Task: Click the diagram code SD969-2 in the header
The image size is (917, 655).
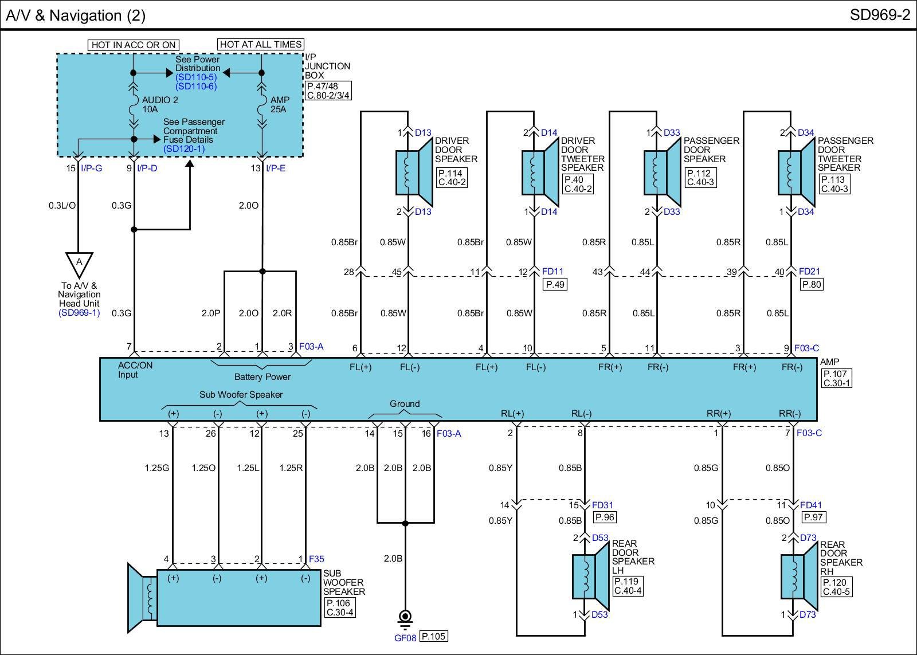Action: click(879, 15)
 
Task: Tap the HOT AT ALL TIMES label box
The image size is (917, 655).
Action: click(260, 44)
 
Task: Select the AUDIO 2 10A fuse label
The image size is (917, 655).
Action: click(160, 104)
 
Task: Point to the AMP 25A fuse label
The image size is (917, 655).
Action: click(280, 104)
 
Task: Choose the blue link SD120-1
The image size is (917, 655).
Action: click(184, 148)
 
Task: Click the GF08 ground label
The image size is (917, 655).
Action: click(405, 638)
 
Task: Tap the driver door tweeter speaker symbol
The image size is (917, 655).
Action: click(540, 172)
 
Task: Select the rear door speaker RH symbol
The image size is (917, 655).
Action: click(799, 576)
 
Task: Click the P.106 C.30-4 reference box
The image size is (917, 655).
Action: click(339, 607)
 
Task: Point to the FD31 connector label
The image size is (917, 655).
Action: click(602, 505)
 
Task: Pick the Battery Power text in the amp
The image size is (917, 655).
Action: click(262, 376)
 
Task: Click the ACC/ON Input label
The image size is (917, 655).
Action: click(135, 370)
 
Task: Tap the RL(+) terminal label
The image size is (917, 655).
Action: click(512, 414)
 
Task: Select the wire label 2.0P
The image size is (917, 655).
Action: click(211, 313)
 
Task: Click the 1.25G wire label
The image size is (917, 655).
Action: click(157, 468)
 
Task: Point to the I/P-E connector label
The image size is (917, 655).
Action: click(276, 168)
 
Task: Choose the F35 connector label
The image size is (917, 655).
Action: click(316, 559)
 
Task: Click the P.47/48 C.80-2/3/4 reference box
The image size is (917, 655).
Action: click(328, 91)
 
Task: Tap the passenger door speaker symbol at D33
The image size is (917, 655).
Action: click(663, 172)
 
